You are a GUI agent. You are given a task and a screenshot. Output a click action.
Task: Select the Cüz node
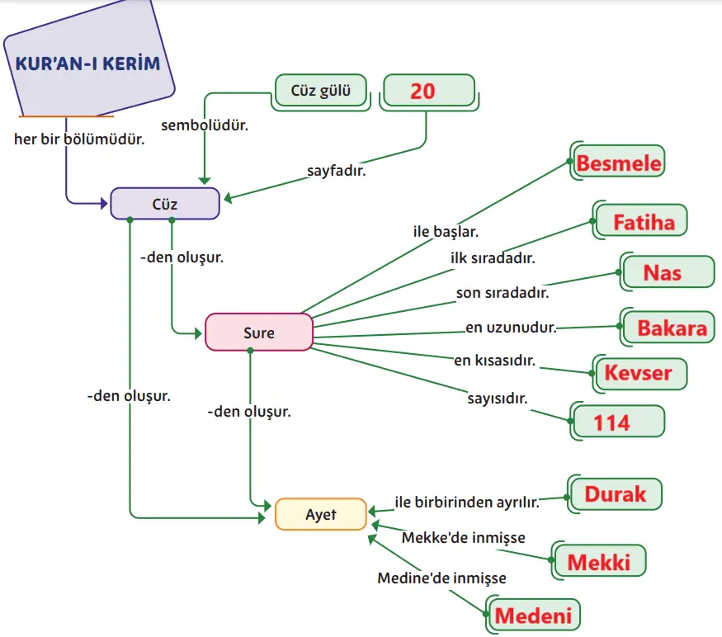(x=165, y=203)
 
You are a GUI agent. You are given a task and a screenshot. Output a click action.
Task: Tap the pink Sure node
(x=259, y=333)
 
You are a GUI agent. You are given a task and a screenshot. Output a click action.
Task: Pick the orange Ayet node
(x=320, y=514)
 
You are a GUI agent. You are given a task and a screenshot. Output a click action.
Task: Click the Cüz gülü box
(x=320, y=90)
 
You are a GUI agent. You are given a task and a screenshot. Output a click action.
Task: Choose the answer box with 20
(x=427, y=90)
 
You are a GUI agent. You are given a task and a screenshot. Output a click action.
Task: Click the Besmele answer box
(x=618, y=163)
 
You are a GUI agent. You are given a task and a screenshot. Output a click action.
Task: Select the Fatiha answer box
(x=643, y=221)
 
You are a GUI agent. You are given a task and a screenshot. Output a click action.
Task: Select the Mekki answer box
(x=600, y=562)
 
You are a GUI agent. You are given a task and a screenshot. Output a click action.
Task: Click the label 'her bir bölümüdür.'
(x=79, y=139)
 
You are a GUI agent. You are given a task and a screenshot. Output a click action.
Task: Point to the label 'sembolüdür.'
(x=205, y=125)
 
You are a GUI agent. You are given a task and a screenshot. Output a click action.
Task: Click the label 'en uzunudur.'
(x=511, y=328)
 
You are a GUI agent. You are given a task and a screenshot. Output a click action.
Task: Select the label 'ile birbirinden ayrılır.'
(x=466, y=501)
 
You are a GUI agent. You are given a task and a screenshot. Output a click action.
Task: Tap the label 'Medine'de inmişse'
(x=441, y=578)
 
